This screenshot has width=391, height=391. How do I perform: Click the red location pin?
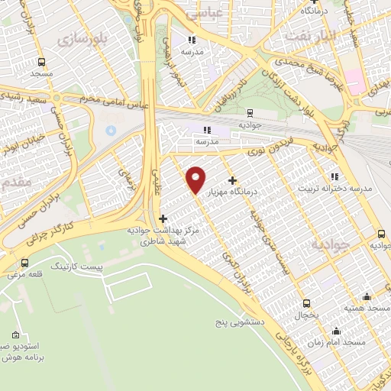point(195,179)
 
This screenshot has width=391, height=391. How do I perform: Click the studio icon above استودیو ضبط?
point(18,334)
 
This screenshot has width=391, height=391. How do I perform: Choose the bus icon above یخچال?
point(307,302)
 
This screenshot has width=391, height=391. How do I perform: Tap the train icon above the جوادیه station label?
point(381,234)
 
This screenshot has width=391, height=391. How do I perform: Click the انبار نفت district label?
point(309,35)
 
